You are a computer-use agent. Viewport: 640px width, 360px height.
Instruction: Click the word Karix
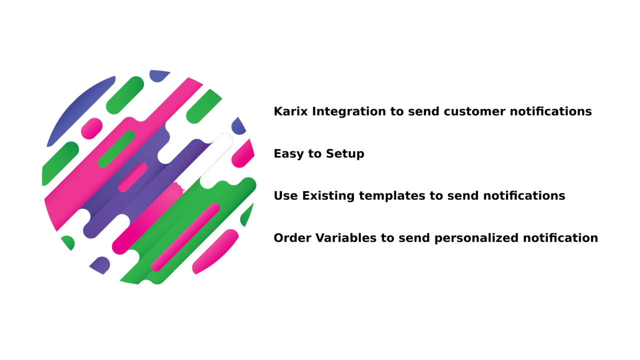pyautogui.click(x=290, y=111)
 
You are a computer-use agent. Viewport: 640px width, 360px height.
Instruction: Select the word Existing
pyautogui.click(x=324, y=196)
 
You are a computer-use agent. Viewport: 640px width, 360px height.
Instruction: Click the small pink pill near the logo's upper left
pyautogui.click(x=92, y=128)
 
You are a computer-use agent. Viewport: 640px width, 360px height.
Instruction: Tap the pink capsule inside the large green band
pyautogui.click(x=185, y=237)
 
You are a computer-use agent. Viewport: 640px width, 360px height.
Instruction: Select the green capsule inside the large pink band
pyautogui.click(x=116, y=149)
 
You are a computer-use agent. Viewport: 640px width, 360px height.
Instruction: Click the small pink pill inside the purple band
pyautogui.click(x=132, y=177)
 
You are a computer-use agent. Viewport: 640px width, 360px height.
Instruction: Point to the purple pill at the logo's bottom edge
pyautogui.click(x=100, y=265)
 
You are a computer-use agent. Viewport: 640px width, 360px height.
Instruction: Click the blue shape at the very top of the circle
pyautogui.click(x=159, y=75)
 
